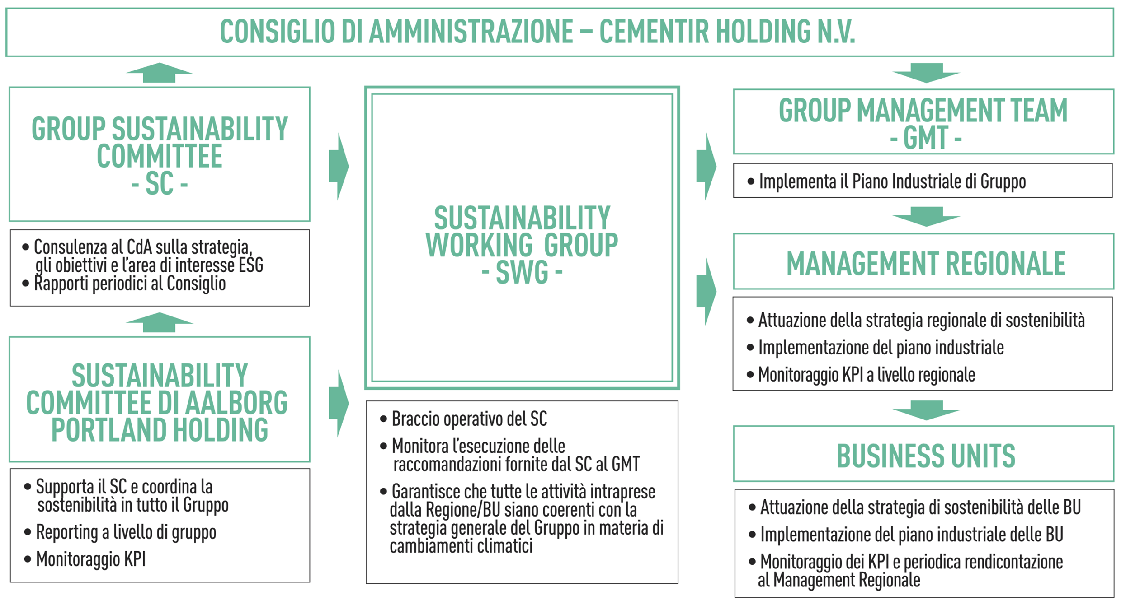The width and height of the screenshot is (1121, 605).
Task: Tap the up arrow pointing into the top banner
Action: click(x=160, y=73)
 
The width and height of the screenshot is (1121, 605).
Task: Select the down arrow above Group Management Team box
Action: click(x=926, y=73)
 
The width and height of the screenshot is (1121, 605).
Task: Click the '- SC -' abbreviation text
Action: click(x=160, y=184)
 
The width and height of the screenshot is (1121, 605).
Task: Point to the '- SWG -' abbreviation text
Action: click(x=522, y=272)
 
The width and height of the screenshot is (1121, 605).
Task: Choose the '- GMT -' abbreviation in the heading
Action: click(x=925, y=138)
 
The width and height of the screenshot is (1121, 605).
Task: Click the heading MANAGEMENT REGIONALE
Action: click(x=926, y=264)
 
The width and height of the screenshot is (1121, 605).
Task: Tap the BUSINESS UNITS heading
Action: click(x=926, y=456)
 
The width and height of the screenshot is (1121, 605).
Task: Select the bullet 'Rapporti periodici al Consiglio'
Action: click(x=124, y=284)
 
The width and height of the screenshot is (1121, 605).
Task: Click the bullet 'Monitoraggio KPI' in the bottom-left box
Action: click(x=85, y=559)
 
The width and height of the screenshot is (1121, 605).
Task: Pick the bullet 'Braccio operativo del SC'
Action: click(x=464, y=419)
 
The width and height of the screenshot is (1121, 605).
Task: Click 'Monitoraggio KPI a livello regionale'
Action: click(x=861, y=375)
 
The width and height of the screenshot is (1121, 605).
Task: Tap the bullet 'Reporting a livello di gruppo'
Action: click(x=120, y=532)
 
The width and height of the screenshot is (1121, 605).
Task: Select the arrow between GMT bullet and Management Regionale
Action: click(x=926, y=217)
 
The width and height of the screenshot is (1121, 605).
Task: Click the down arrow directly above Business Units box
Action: click(x=926, y=410)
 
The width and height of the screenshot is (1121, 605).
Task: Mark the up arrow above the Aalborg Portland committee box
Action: click(x=160, y=322)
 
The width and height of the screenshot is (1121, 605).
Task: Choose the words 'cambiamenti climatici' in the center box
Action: click(x=461, y=546)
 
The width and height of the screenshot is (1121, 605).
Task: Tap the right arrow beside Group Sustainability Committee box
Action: click(x=339, y=167)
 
